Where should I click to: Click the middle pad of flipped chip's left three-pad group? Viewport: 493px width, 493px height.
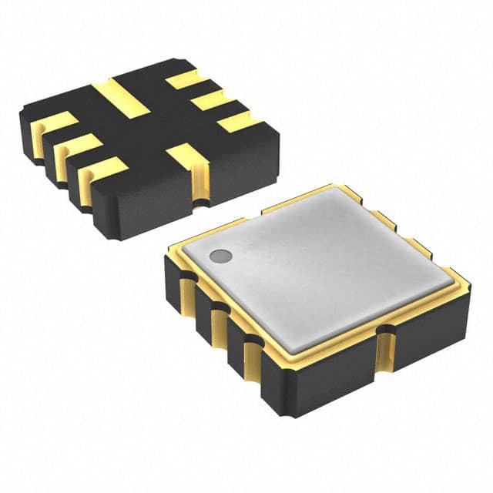pos(78,146)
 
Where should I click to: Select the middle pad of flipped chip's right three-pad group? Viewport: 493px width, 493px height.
pos(207,99)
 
